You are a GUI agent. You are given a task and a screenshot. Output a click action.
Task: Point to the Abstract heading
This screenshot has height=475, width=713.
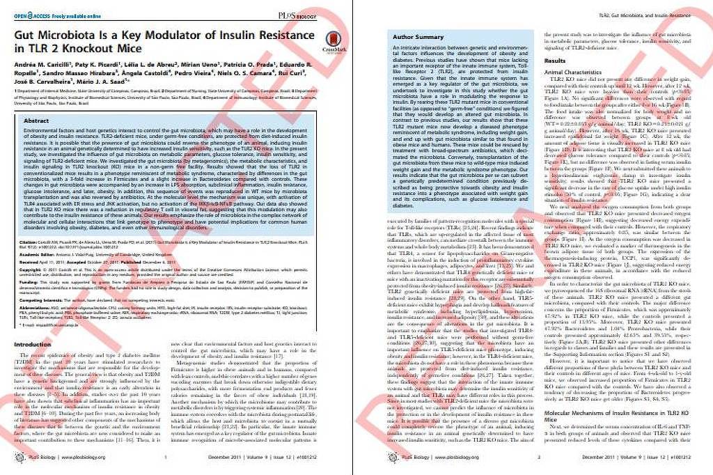37,120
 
